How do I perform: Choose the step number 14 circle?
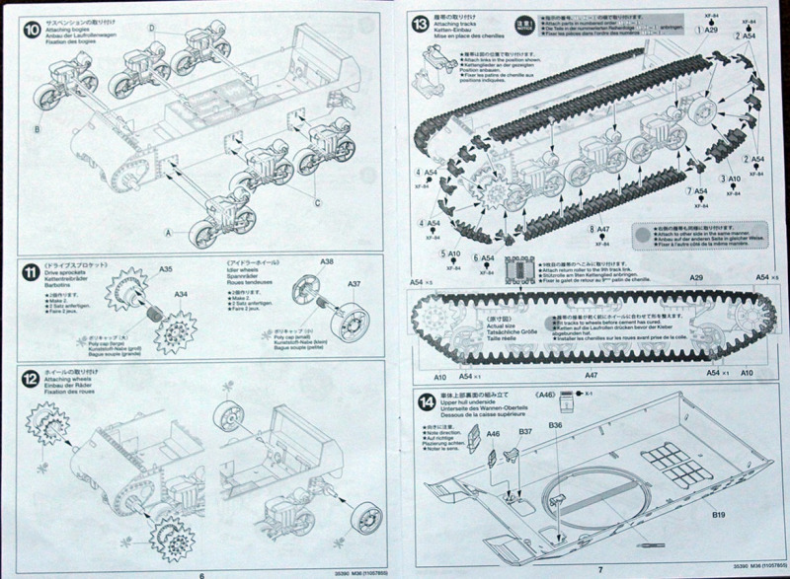click(x=425, y=401)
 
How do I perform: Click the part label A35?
click(x=165, y=270)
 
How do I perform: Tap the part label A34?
click(x=181, y=293)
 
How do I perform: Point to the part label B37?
click(x=525, y=431)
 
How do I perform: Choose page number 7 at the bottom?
click(x=599, y=569)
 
